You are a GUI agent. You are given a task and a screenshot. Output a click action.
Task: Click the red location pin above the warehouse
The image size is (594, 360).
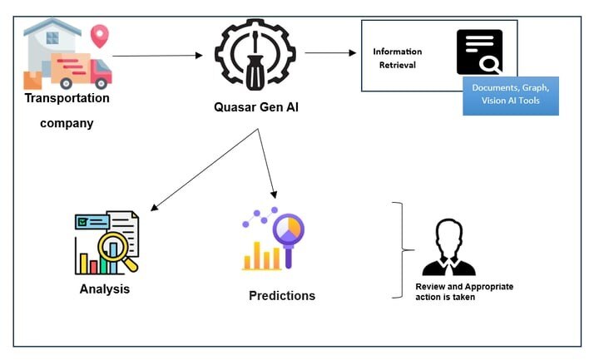coord(101,36)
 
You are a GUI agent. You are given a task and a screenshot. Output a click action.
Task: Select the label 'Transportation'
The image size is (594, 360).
coord(67,98)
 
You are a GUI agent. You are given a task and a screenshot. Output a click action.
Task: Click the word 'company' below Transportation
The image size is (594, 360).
coord(67,124)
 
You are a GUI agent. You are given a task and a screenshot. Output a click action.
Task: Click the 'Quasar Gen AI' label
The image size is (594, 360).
coord(255,106)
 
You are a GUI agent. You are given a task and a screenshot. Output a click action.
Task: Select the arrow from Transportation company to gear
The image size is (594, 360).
coord(157,56)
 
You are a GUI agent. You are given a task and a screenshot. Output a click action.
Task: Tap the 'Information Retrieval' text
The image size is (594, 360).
coord(397,58)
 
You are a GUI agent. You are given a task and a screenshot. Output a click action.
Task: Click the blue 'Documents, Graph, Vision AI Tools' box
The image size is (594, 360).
coord(510,95)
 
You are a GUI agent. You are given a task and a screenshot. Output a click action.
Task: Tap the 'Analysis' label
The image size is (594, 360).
coord(105,289)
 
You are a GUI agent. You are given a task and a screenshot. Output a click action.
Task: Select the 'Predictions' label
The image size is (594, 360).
coord(282,295)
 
